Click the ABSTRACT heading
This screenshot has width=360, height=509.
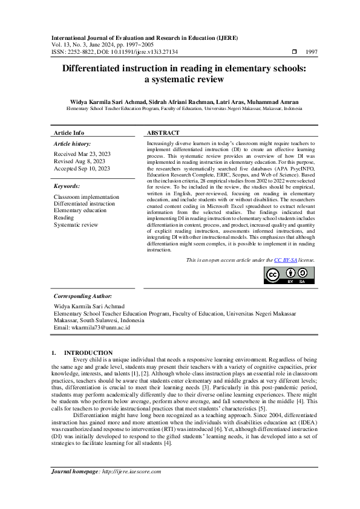163,132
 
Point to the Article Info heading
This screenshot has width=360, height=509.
69,132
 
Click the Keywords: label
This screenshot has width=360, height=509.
67,187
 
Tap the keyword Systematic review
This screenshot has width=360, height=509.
76,225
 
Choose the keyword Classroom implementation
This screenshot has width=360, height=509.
87,197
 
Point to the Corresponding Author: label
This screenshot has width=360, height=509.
83,296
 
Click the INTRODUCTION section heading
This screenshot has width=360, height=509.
88,352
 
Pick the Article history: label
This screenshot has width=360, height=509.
73,144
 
